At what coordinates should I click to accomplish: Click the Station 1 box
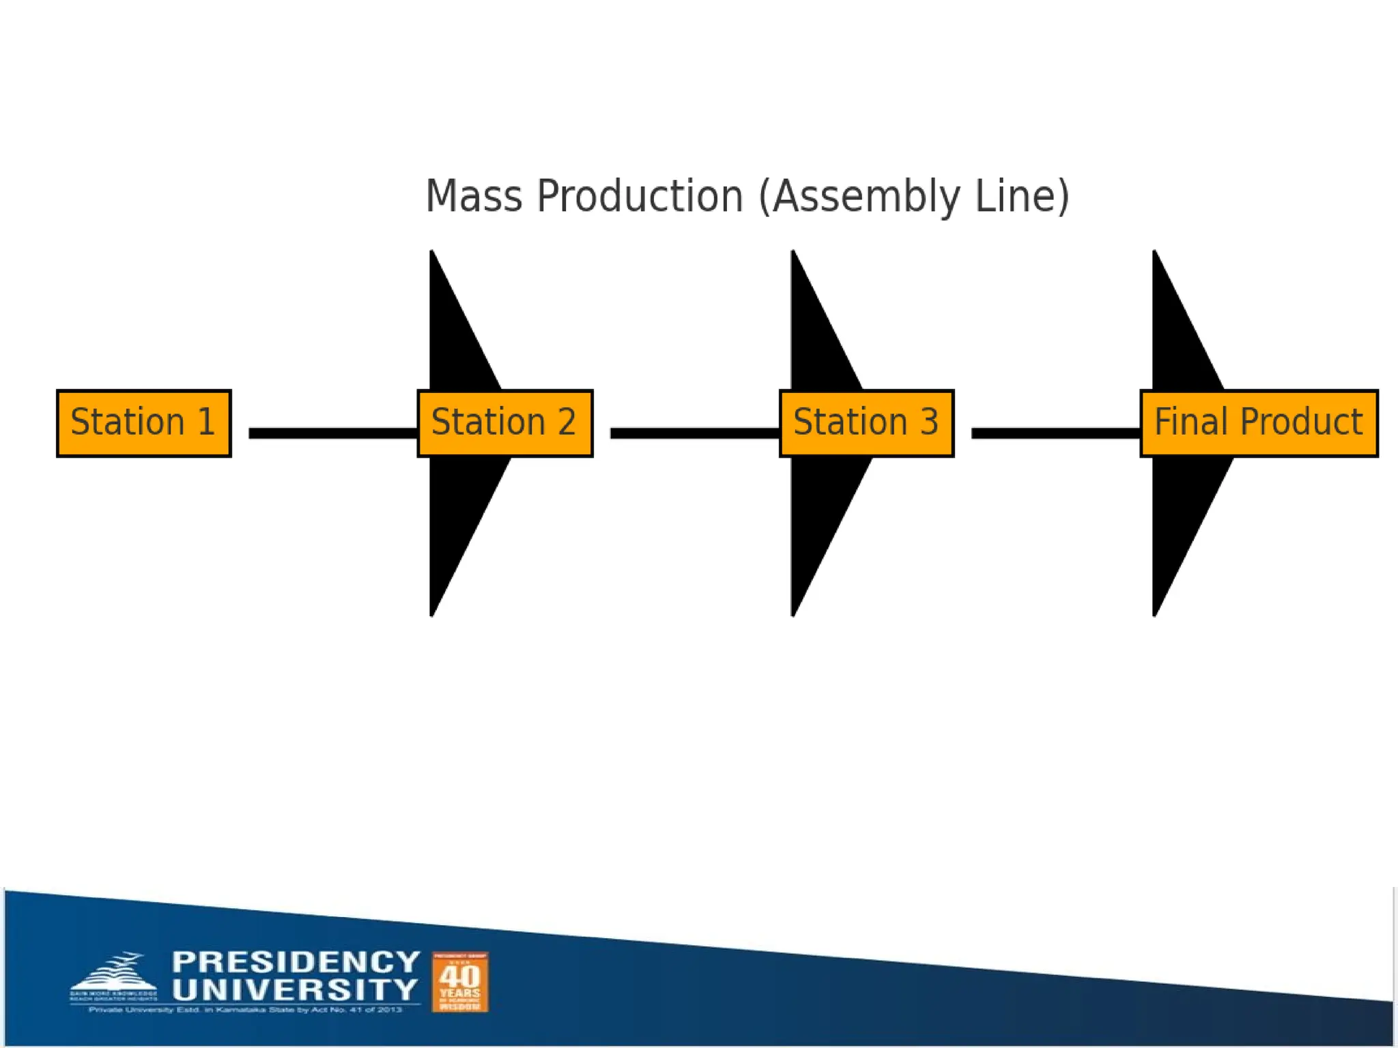144,423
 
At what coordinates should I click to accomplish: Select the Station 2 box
504,423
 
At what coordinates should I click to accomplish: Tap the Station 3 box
866,423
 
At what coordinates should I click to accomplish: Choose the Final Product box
1259,423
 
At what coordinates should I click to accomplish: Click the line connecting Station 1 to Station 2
333,433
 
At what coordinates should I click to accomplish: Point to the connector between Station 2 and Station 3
695,433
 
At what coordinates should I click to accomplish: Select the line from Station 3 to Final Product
1056,433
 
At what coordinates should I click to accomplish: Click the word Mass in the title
474,196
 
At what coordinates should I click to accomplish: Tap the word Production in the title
640,196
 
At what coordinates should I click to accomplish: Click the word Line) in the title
1022,196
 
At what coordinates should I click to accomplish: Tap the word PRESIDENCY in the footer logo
296,962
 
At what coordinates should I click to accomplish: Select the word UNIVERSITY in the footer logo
295,989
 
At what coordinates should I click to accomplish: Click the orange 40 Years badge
460,982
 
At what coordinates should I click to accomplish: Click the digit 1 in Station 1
206,422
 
